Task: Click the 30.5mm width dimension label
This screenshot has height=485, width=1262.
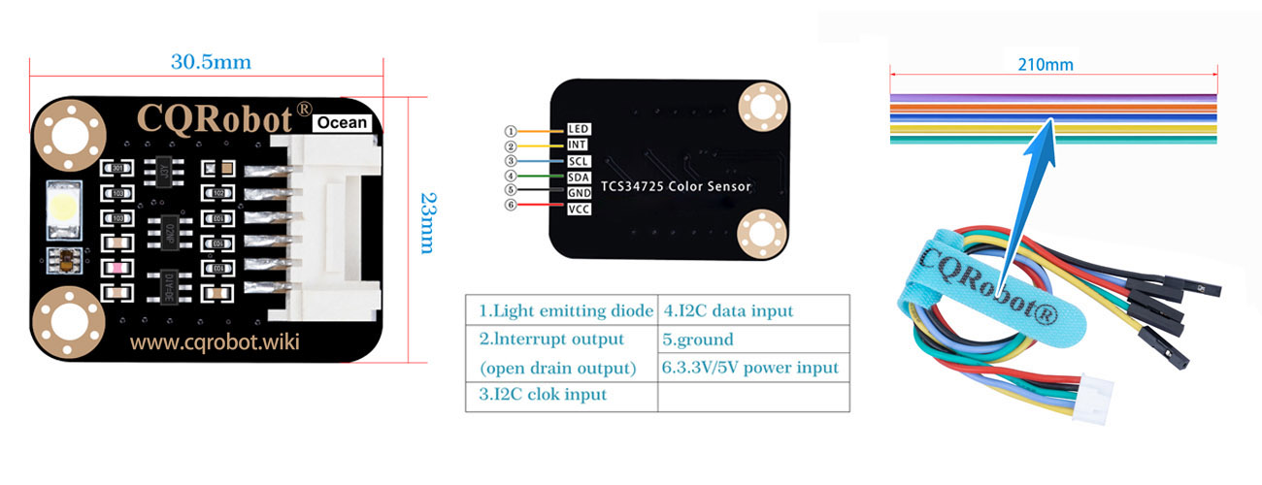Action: (x=211, y=61)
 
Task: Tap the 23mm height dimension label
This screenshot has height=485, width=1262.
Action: (x=429, y=223)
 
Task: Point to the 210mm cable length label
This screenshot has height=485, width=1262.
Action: (x=1046, y=65)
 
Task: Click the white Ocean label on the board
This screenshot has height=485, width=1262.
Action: (x=342, y=122)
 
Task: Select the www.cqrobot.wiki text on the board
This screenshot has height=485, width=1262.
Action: (x=215, y=341)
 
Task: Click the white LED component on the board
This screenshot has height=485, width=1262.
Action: (x=64, y=210)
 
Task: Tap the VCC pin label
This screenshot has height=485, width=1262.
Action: (x=579, y=210)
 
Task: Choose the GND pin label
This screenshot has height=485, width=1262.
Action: (x=580, y=193)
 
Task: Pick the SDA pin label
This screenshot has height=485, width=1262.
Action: (x=579, y=178)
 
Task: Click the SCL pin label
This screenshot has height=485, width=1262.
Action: (x=579, y=161)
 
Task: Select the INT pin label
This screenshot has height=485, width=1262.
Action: (x=577, y=145)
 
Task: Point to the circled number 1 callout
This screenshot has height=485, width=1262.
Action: (x=511, y=131)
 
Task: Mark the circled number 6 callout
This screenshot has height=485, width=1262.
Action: (x=511, y=205)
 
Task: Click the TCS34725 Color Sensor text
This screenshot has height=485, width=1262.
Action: (x=676, y=186)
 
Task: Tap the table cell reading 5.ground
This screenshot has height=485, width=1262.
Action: (x=754, y=339)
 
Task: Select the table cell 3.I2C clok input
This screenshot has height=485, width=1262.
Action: (x=562, y=397)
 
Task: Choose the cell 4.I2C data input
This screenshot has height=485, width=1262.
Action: (x=754, y=310)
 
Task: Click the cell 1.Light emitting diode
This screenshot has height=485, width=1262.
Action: (x=562, y=310)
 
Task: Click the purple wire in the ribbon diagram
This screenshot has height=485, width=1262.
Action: (x=1053, y=98)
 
